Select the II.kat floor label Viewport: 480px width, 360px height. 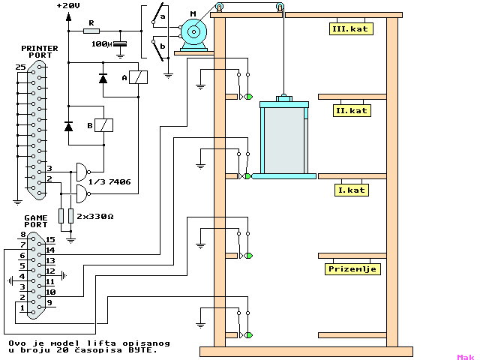tap(352, 110)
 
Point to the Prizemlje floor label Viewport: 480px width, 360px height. tap(352, 268)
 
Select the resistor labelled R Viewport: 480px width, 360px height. tap(91, 31)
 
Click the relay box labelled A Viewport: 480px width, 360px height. tap(138, 77)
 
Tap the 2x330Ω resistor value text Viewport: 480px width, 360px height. tap(94, 216)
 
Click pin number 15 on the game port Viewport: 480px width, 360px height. tap(49, 239)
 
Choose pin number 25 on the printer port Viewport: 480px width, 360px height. tap(20, 67)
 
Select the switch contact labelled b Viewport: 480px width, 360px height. tap(161, 47)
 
